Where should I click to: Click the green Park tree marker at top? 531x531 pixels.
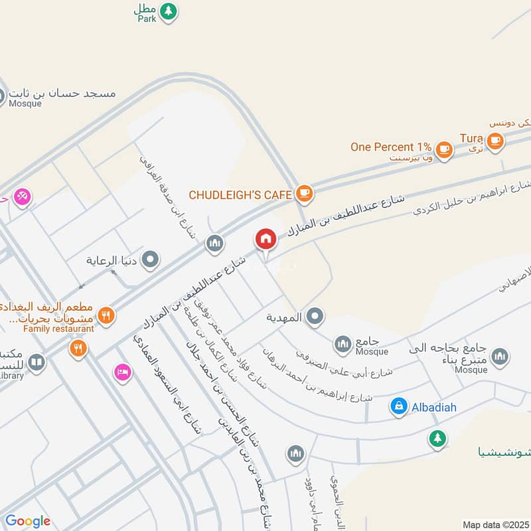click(x=169, y=11)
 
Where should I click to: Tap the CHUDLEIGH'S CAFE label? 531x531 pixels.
click(x=240, y=194)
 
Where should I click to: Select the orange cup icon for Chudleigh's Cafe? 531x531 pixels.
click(x=305, y=193)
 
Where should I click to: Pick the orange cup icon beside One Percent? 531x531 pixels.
click(x=444, y=149)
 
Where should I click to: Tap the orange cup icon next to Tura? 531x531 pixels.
click(x=494, y=139)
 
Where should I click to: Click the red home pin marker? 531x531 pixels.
click(x=265, y=239)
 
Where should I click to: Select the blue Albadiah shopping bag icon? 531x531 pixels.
click(x=398, y=406)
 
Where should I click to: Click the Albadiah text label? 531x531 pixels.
click(x=434, y=407)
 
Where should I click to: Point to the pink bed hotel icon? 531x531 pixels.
click(x=121, y=372)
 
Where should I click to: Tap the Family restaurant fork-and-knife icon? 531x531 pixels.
click(x=106, y=314)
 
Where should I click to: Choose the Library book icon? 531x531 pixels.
click(x=37, y=362)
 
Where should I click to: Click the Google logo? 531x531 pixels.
click(x=28, y=521)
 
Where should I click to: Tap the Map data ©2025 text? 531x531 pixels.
click(x=496, y=524)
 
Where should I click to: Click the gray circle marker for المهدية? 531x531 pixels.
click(x=316, y=317)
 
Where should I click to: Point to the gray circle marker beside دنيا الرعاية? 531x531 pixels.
click(x=151, y=260)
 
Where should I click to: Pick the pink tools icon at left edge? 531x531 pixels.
click(x=22, y=196)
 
